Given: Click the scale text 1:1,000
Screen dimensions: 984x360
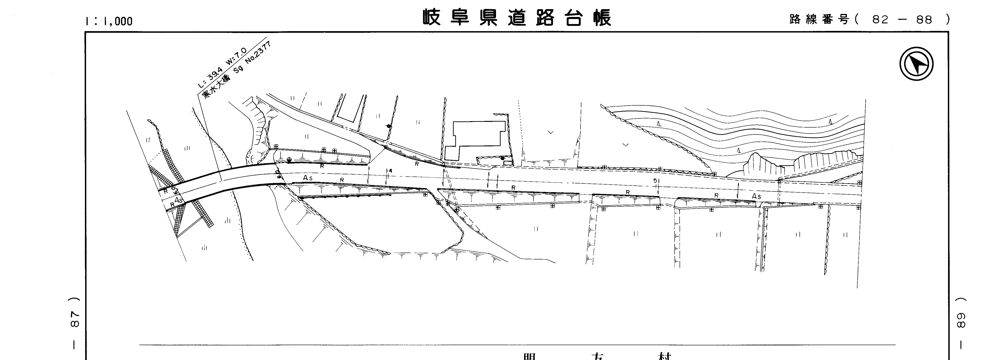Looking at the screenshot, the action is tap(109, 21).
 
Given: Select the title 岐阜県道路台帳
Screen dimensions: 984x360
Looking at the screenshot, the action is tap(517, 18).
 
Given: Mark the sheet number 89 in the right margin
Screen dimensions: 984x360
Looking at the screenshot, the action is tap(961, 320).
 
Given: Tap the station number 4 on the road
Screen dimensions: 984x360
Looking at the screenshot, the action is tap(390, 170).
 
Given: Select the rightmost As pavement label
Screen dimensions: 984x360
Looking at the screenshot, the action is tap(756, 196).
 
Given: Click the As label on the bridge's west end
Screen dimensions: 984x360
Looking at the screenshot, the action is tap(178, 200).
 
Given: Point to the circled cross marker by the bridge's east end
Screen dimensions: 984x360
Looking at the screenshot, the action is tap(289, 160).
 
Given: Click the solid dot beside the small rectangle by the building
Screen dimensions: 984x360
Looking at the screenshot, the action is tap(502, 158).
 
